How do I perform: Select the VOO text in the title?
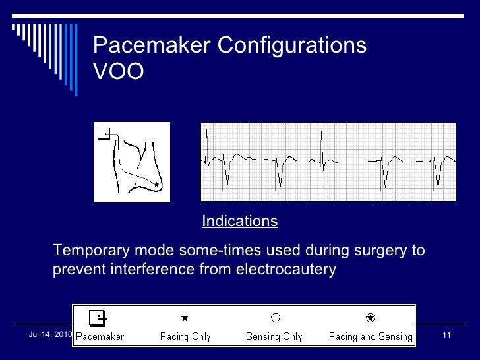click(118, 72)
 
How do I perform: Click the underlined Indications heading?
click(239, 222)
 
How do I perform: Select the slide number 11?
click(446, 336)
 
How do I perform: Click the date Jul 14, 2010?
click(49, 335)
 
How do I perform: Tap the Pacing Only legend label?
click(185, 336)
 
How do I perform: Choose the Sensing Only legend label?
click(274, 336)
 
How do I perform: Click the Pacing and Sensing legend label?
click(371, 336)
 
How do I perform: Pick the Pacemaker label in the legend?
click(100, 336)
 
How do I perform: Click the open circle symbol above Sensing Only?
click(275, 318)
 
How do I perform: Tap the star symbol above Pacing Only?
click(185, 318)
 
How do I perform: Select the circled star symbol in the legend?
click(371, 318)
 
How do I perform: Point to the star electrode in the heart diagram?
click(156, 186)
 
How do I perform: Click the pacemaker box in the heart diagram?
click(103, 133)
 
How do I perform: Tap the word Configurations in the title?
click(292, 45)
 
